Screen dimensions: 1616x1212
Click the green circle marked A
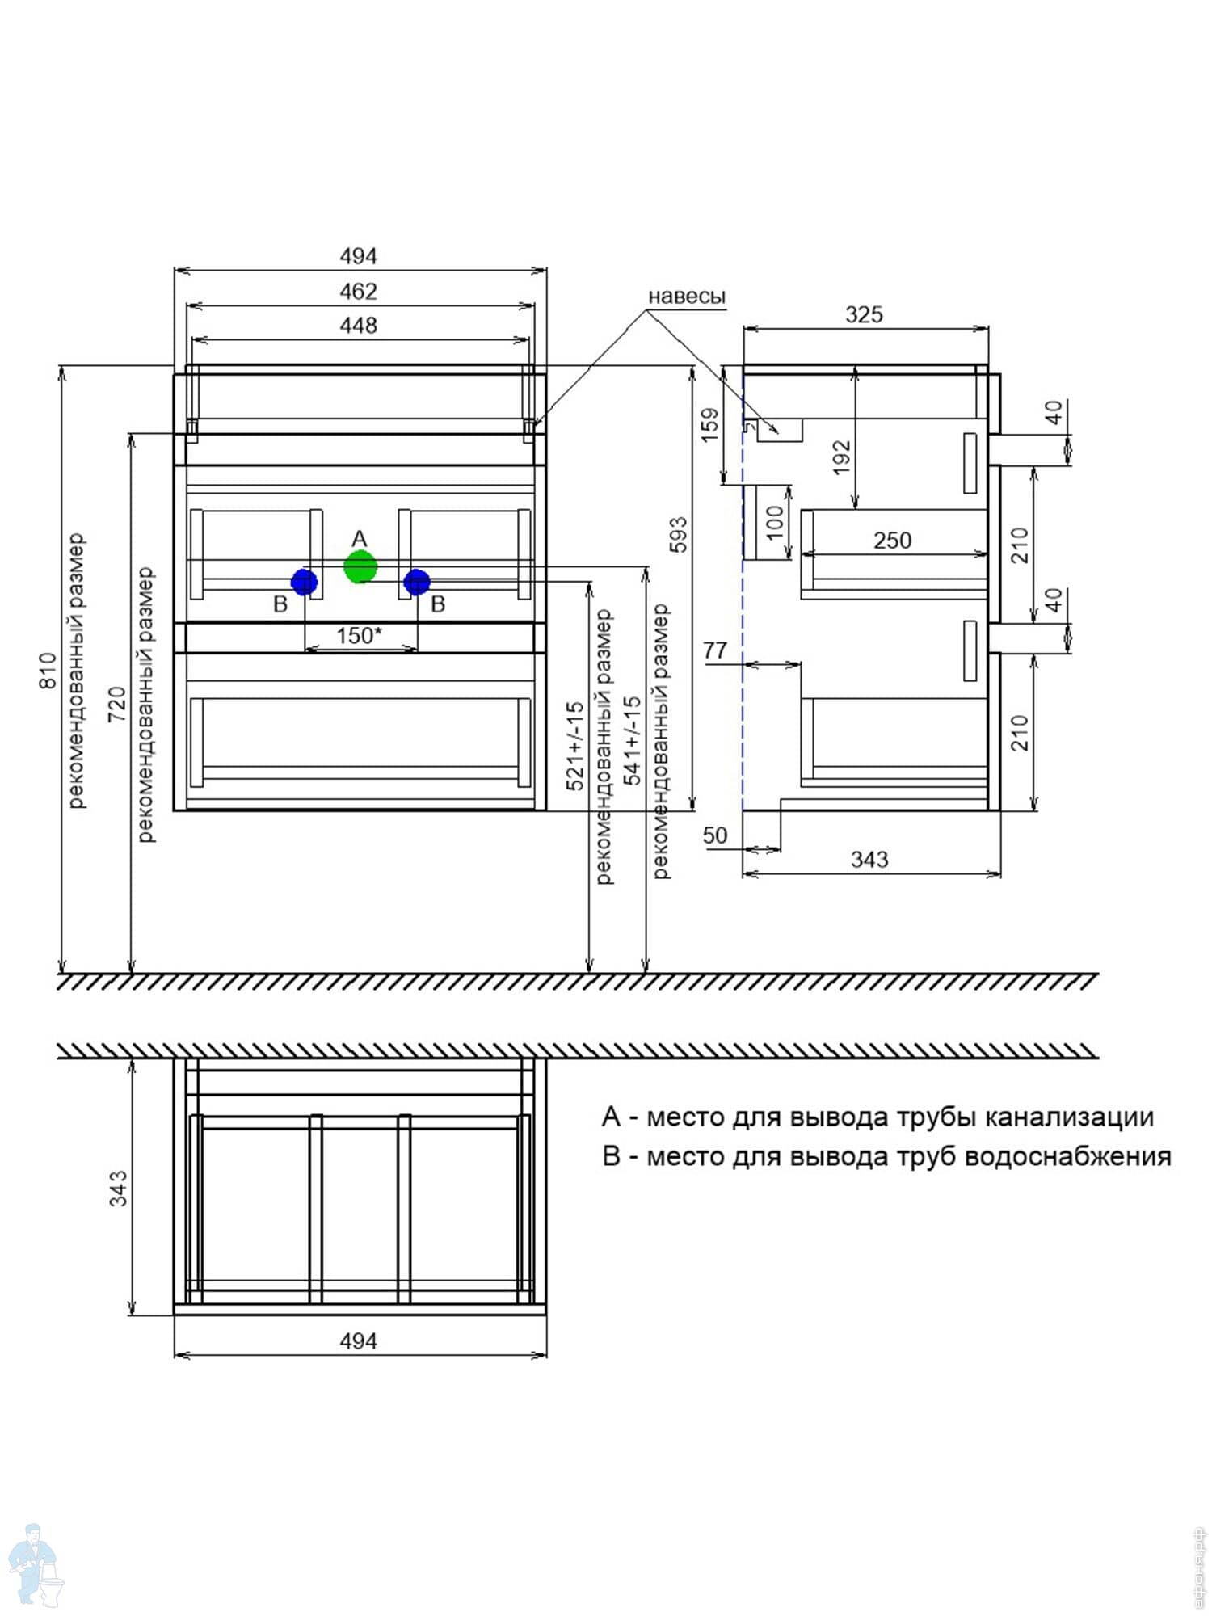point(360,566)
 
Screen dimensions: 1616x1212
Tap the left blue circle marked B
point(304,582)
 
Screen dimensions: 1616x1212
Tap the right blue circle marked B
point(417,582)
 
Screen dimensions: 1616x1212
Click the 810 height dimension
point(48,670)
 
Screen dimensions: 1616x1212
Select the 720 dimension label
point(118,703)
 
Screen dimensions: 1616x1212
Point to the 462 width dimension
point(359,292)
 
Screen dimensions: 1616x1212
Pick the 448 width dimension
point(359,326)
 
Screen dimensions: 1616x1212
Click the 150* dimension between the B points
point(360,635)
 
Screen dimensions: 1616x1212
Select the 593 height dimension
point(679,534)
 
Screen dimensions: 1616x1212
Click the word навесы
point(687,297)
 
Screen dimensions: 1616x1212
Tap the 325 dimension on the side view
point(864,314)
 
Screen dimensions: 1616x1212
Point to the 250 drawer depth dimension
point(892,540)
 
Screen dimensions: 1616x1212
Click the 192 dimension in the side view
point(842,457)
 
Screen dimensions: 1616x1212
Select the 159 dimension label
point(709,425)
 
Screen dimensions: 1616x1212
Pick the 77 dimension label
point(715,650)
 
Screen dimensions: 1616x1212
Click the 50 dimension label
point(715,835)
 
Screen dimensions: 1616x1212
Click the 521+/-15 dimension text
point(574,745)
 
